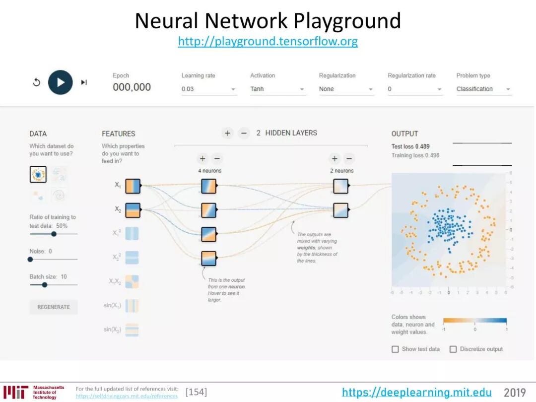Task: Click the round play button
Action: [61, 82]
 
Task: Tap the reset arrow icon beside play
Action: [36, 82]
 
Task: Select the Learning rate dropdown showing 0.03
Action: [208, 89]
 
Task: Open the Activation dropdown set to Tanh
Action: [277, 89]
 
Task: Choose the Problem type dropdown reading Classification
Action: [483, 89]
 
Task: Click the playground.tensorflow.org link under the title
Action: [268, 41]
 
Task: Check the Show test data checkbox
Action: [396, 349]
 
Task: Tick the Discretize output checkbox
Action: [453, 349]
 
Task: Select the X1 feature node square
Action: [133, 186]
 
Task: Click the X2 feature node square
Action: [133, 210]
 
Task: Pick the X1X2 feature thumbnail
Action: [132, 282]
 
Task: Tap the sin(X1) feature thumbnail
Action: [132, 306]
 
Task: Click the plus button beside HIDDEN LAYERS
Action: [227, 133]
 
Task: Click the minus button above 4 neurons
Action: [217, 159]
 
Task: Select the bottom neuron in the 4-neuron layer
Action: [209, 259]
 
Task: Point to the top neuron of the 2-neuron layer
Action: [340, 186]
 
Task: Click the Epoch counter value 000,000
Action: [132, 87]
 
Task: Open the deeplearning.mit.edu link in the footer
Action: [417, 393]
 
